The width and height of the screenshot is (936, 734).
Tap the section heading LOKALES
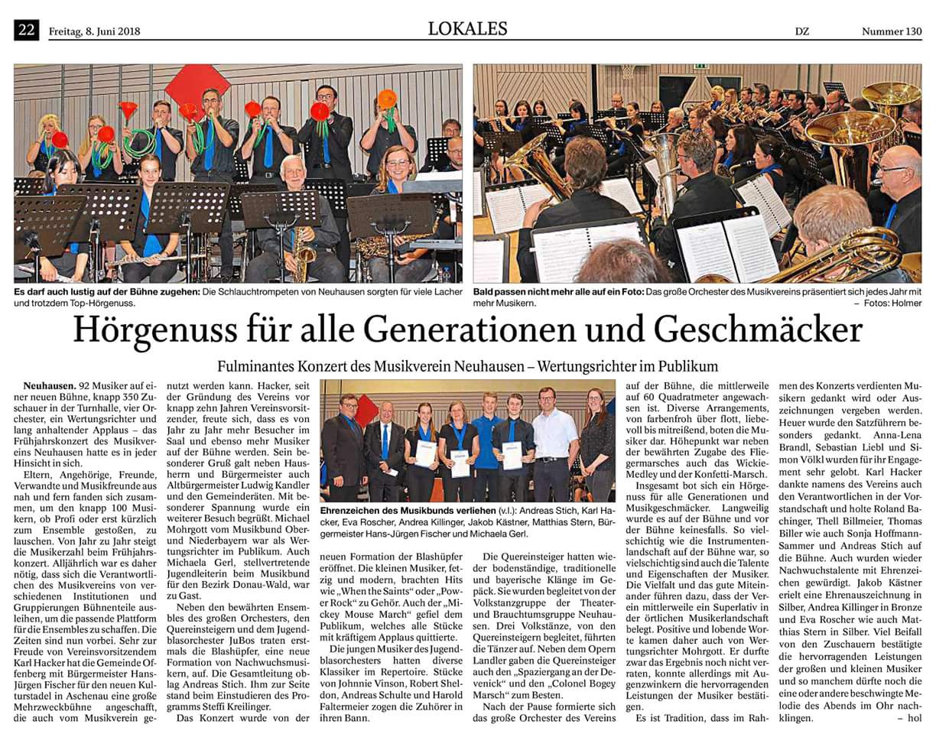[x=467, y=29]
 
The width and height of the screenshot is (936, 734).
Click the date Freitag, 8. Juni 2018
[x=94, y=32]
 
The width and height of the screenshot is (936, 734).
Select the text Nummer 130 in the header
[x=892, y=32]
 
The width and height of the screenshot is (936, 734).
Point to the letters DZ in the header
[x=802, y=32]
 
